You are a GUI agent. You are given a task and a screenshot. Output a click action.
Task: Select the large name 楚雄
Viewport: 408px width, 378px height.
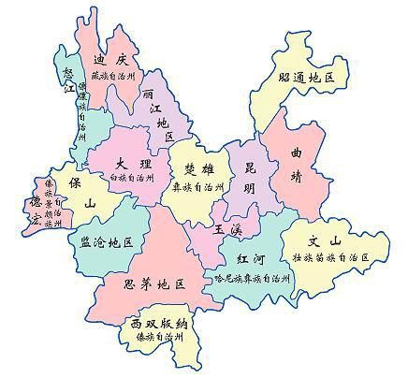click(x=197, y=168)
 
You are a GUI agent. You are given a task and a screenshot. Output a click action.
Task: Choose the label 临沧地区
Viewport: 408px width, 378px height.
click(x=101, y=241)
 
